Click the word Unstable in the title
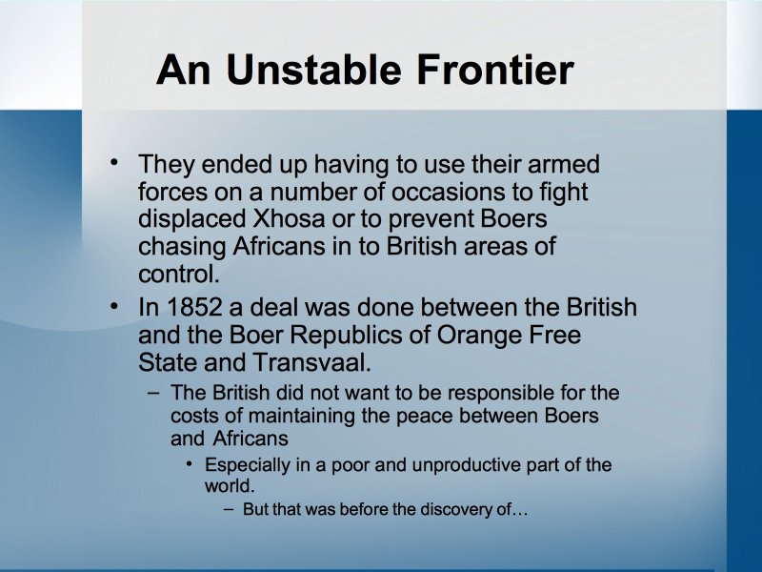[314, 70]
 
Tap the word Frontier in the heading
[495, 70]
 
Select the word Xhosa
[289, 218]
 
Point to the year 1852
[194, 307]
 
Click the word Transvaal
[312, 362]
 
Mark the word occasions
[448, 192]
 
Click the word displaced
[192, 219]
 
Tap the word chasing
[182, 247]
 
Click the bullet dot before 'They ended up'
[114, 162]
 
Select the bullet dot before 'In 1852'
[114, 306]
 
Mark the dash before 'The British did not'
[153, 393]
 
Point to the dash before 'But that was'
[229, 510]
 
